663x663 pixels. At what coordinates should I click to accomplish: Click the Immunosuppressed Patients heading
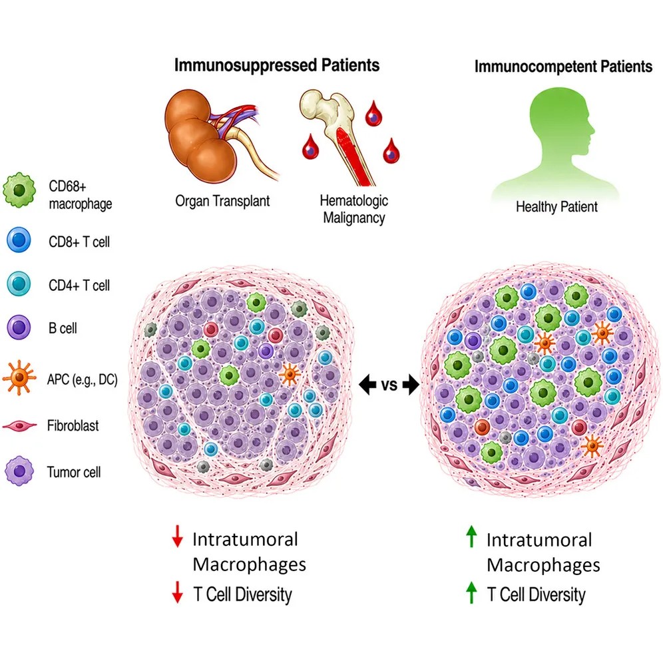click(x=277, y=65)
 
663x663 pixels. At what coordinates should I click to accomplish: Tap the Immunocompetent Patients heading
click(x=563, y=67)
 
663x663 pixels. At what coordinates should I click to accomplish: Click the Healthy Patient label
click(x=556, y=207)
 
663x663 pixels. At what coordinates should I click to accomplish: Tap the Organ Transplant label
click(x=222, y=201)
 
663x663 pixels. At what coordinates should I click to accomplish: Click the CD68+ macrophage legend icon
click(x=19, y=190)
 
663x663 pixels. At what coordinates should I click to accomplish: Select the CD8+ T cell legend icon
click(x=19, y=240)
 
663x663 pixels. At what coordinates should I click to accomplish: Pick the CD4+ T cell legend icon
click(x=19, y=284)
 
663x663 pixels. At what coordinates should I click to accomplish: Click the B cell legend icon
click(x=19, y=328)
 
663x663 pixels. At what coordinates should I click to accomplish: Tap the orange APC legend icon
click(x=18, y=377)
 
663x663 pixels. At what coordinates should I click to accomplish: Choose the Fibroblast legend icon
click(x=19, y=426)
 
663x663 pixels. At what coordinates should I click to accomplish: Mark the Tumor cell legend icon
click(x=19, y=471)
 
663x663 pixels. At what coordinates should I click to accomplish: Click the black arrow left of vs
click(x=367, y=385)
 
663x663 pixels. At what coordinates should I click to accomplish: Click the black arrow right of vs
click(x=411, y=385)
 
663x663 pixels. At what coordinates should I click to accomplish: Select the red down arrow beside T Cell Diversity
click(x=177, y=592)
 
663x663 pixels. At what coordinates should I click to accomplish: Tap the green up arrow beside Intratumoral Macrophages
click(x=471, y=537)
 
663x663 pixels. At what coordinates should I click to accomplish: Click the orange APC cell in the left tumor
click(x=290, y=375)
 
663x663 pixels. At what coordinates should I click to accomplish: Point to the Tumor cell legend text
click(x=74, y=472)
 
